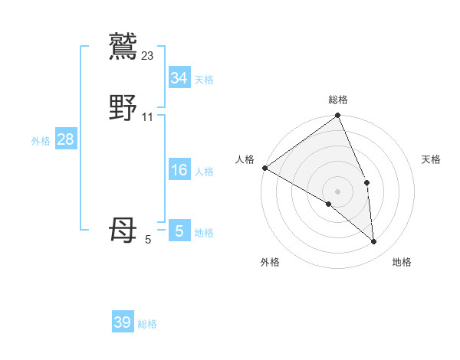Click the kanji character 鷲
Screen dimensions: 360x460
(x=123, y=46)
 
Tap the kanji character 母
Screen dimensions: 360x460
(x=123, y=231)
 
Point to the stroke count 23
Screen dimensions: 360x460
(x=148, y=55)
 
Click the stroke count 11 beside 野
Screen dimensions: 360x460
(x=148, y=117)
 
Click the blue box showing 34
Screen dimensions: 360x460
(x=179, y=78)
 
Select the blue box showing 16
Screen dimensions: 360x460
(x=179, y=170)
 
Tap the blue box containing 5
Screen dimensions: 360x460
(x=179, y=231)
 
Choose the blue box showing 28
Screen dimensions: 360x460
(x=66, y=139)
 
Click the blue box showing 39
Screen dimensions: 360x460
(x=123, y=322)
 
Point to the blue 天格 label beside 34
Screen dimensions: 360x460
(x=204, y=79)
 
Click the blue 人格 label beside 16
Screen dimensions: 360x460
(x=204, y=171)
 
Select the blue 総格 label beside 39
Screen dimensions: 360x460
(x=147, y=324)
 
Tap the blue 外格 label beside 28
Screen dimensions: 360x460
(x=41, y=140)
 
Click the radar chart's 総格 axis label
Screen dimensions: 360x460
(x=338, y=100)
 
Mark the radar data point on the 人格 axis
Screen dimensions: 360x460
(x=264, y=168)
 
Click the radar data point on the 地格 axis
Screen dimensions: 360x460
(x=374, y=241)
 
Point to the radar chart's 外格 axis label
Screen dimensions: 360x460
(x=270, y=262)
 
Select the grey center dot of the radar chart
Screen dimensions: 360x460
(x=338, y=190)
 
